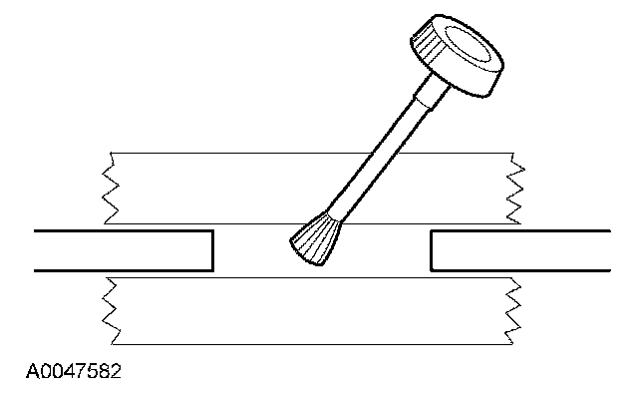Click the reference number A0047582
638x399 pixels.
(x=76, y=374)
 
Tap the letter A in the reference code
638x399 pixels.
(x=34, y=374)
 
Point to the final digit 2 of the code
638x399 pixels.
(x=117, y=374)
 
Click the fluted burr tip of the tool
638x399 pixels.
(x=316, y=240)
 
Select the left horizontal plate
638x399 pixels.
(x=120, y=250)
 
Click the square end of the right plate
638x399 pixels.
(x=431, y=250)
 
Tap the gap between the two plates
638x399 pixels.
(x=249, y=250)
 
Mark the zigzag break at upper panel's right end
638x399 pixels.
(x=515, y=188)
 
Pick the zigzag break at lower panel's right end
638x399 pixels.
(x=515, y=310)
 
